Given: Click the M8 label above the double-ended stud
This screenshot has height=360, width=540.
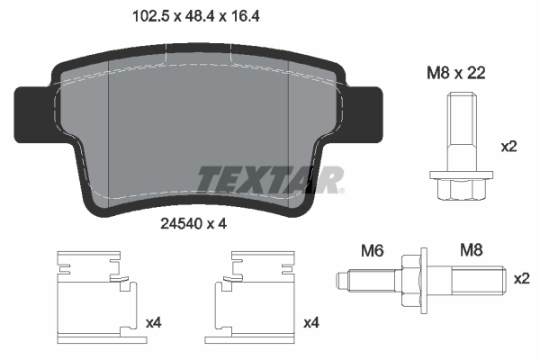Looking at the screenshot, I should [472, 249].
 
